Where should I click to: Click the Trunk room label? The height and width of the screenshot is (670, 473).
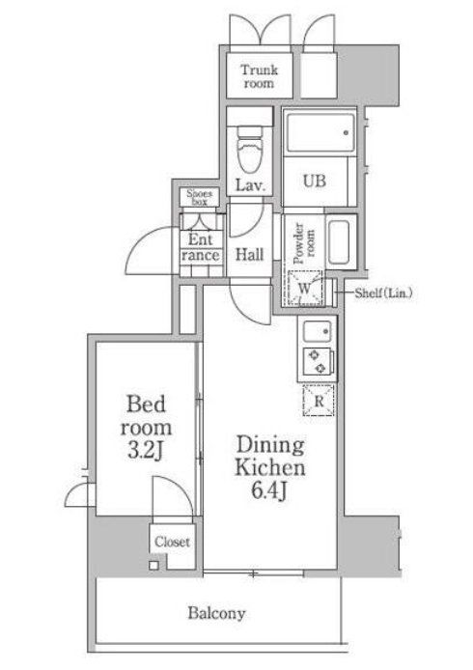(259, 76)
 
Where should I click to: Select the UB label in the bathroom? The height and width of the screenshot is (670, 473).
(315, 181)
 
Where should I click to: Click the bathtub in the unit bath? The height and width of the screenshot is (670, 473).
(320, 132)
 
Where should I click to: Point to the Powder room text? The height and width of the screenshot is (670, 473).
(304, 242)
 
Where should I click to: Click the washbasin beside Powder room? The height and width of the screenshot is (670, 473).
(340, 242)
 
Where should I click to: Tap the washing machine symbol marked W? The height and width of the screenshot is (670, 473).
(305, 288)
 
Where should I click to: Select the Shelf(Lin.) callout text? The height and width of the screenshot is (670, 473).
(383, 293)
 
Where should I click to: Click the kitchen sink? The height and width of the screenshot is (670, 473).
(317, 331)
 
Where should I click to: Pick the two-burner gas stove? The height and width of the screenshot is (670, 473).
(317, 361)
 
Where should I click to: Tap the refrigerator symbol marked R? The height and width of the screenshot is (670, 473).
(319, 401)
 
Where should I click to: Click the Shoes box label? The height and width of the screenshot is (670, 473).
(199, 197)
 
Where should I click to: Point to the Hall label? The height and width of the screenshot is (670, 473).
(250, 255)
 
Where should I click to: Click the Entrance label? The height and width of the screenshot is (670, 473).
(201, 247)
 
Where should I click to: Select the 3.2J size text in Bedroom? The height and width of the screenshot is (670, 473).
(145, 451)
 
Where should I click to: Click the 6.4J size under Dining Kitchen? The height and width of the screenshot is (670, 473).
(268, 492)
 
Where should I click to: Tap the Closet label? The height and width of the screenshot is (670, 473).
(172, 542)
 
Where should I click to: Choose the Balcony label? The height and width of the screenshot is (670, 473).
(216, 614)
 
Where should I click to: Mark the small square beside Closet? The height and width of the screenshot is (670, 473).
(153, 566)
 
